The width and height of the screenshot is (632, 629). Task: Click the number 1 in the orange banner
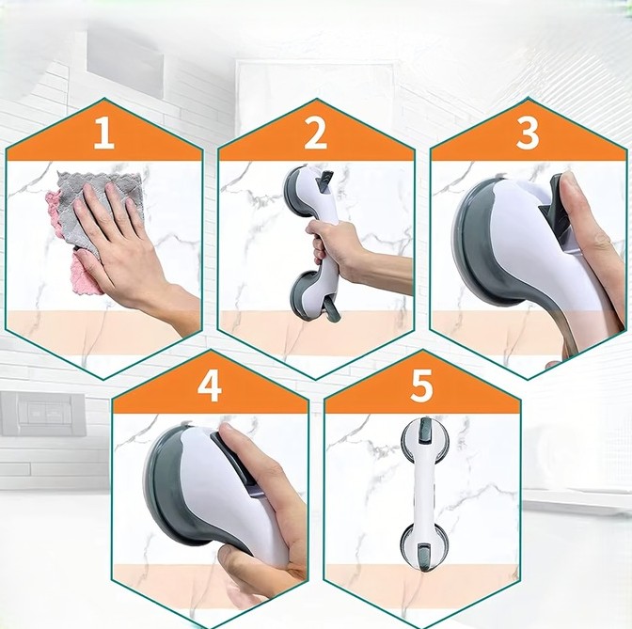tap(104, 134)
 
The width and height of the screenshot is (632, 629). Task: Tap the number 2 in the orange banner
tap(315, 134)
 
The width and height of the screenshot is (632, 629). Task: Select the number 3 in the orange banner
tap(528, 134)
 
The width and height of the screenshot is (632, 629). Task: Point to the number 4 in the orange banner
tap(209, 386)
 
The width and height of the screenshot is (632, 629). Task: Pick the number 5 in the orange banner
tap(421, 386)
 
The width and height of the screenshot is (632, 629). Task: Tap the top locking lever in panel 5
tap(425, 430)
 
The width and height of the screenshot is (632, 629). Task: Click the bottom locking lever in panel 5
tap(426, 556)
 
